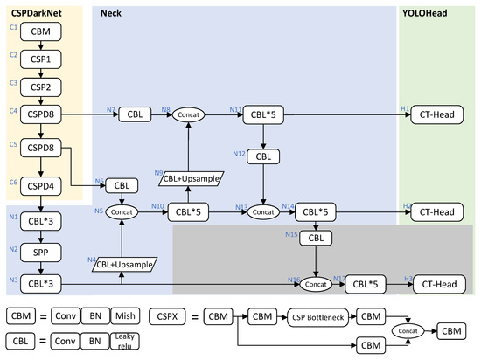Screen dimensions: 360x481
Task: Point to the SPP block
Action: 40,253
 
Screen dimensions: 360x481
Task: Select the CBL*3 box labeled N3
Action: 40,283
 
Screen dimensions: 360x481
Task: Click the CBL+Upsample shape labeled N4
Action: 122,262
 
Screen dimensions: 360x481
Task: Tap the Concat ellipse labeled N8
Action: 185,114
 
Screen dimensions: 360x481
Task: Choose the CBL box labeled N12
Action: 264,156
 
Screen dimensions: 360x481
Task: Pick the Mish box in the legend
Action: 132,316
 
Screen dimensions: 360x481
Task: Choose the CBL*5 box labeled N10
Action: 187,211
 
